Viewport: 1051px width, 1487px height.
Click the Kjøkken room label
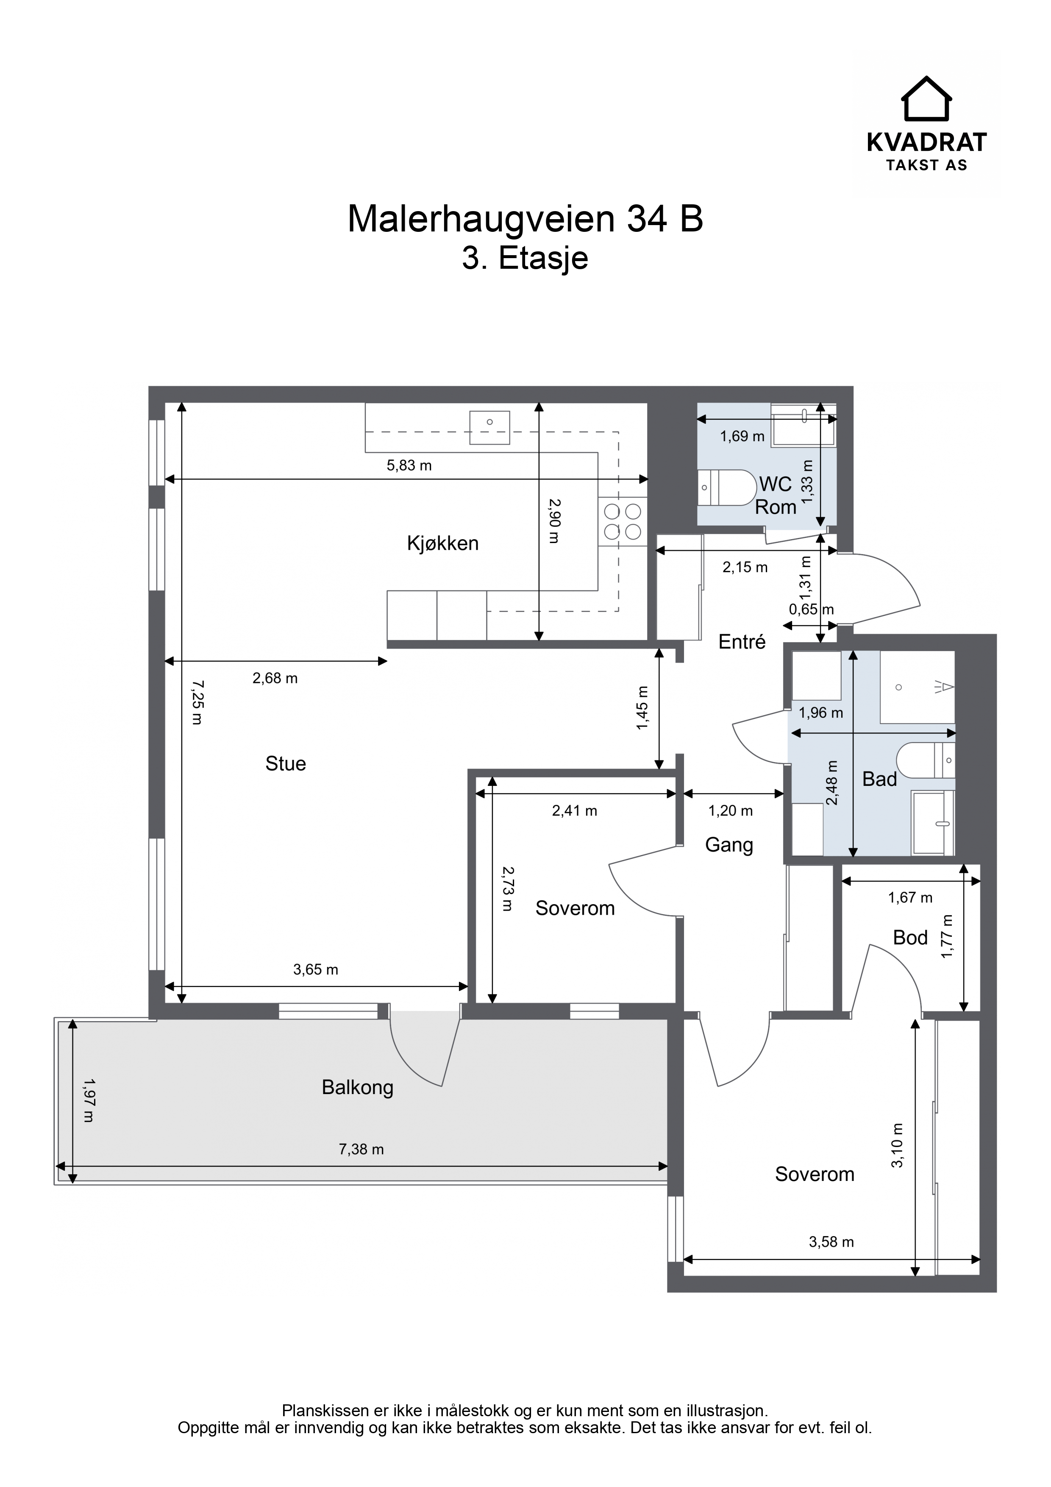click(x=443, y=543)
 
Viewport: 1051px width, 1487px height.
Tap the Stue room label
click(x=286, y=763)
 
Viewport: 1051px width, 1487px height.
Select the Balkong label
click(x=357, y=1087)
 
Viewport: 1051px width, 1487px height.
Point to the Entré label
click(x=742, y=641)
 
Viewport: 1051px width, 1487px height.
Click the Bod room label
click(x=910, y=937)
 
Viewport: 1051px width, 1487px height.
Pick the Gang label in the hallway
click(x=729, y=845)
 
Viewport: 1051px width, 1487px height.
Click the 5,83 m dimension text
click(x=409, y=465)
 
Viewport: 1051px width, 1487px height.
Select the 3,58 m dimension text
click(x=831, y=1242)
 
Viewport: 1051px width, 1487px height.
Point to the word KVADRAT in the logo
click(x=927, y=142)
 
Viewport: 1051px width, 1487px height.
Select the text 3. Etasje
click(x=525, y=258)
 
